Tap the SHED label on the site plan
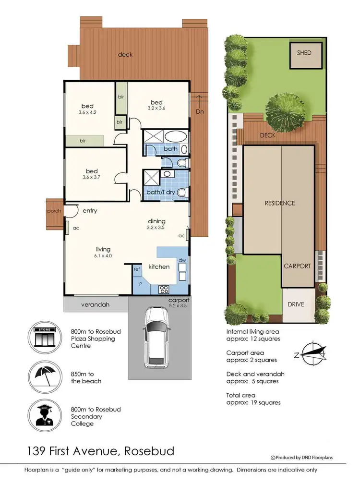(x=304, y=53)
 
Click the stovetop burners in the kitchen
(x=163, y=289)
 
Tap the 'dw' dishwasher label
(x=182, y=260)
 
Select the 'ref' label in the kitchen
(x=137, y=269)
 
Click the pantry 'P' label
(x=140, y=284)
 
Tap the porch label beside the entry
(x=54, y=211)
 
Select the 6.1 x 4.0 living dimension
(x=103, y=256)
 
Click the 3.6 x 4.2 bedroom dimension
(x=87, y=113)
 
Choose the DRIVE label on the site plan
(x=296, y=304)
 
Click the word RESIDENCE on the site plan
(x=280, y=203)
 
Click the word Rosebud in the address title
(x=149, y=451)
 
